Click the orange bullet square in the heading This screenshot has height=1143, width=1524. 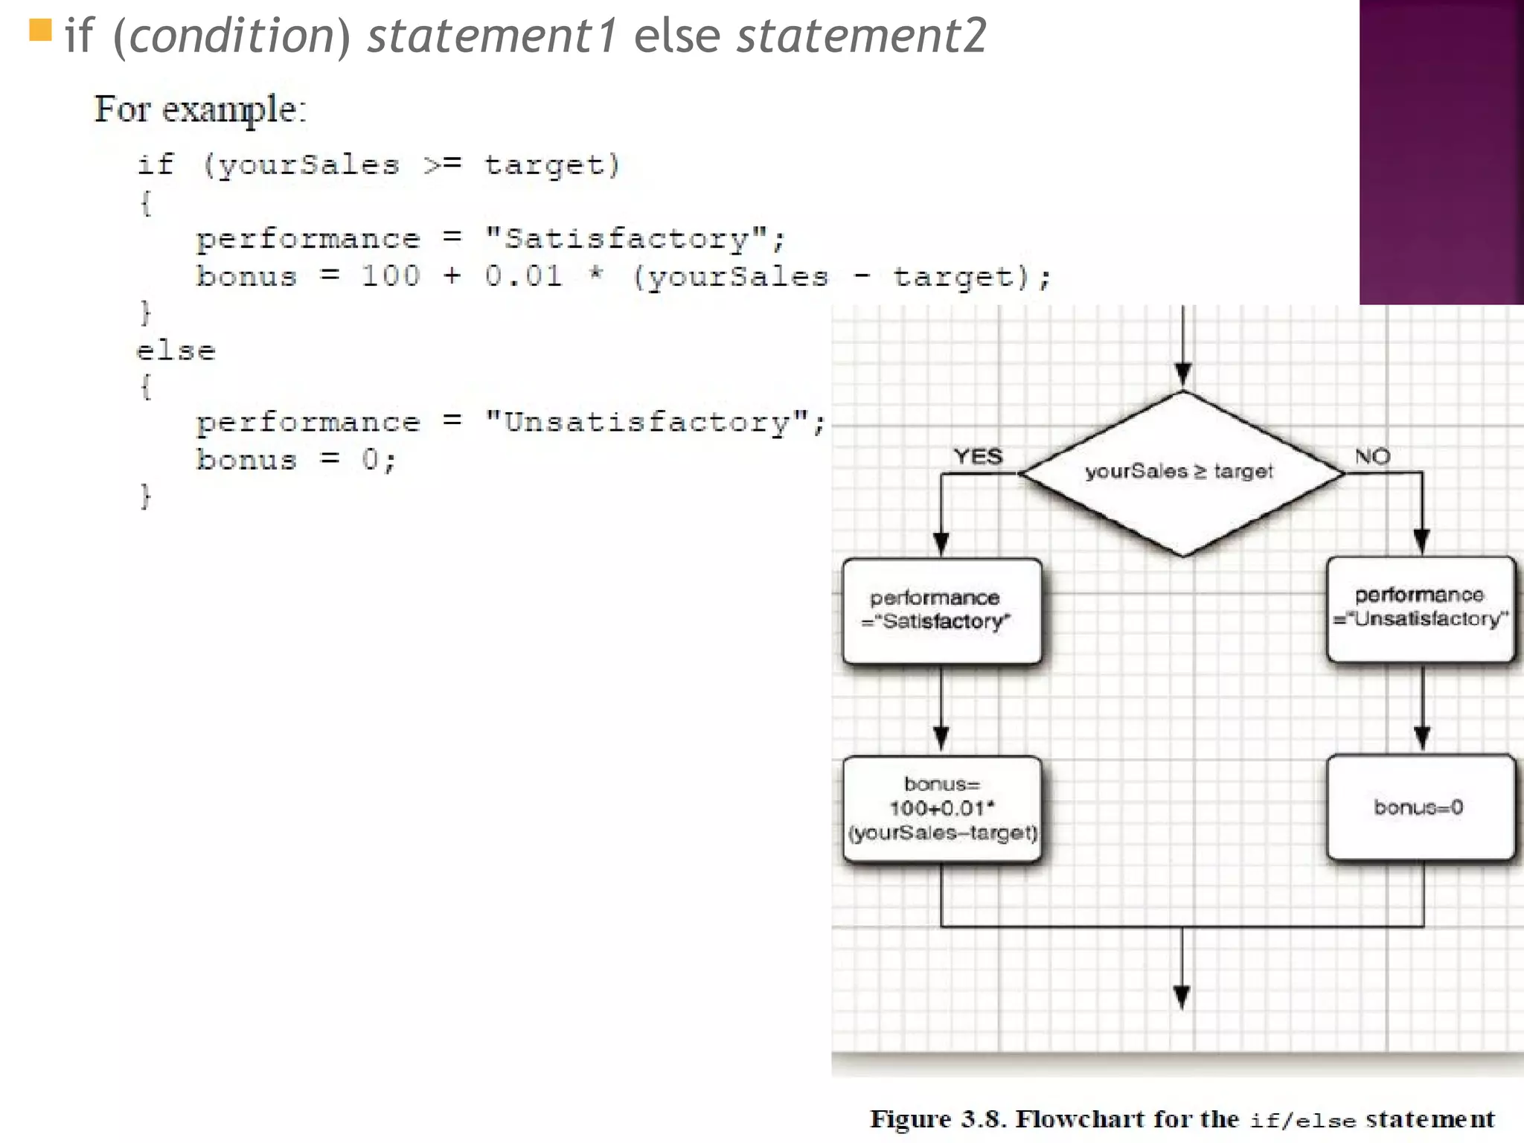pyautogui.click(x=40, y=31)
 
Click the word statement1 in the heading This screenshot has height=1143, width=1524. pyautogui.click(x=492, y=36)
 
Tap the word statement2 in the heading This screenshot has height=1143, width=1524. pyautogui.click(x=861, y=36)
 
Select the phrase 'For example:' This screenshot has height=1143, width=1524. pyautogui.click(x=200, y=110)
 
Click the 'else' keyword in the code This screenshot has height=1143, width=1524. pyautogui.click(x=176, y=350)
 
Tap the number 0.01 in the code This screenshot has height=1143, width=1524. pyautogui.click(x=523, y=276)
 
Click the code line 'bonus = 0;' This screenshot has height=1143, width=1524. pyautogui.click(x=295, y=460)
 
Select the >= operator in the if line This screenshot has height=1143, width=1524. pyautogui.click(x=442, y=164)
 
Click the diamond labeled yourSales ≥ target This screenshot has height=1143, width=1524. pyautogui.click(x=1182, y=473)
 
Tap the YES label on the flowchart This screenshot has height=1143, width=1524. pyautogui.click(x=978, y=456)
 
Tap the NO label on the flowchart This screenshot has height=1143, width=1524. pyautogui.click(x=1372, y=456)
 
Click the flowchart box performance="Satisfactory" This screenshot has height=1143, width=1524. pyautogui.click(x=941, y=611)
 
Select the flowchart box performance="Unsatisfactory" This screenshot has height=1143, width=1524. pyautogui.click(x=1421, y=609)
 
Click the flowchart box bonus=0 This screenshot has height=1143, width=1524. pyautogui.click(x=1421, y=807)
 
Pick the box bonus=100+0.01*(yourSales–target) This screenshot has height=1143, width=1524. pyautogui.click(x=941, y=809)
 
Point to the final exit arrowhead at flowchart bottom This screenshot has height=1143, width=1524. pyautogui.click(x=1182, y=996)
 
